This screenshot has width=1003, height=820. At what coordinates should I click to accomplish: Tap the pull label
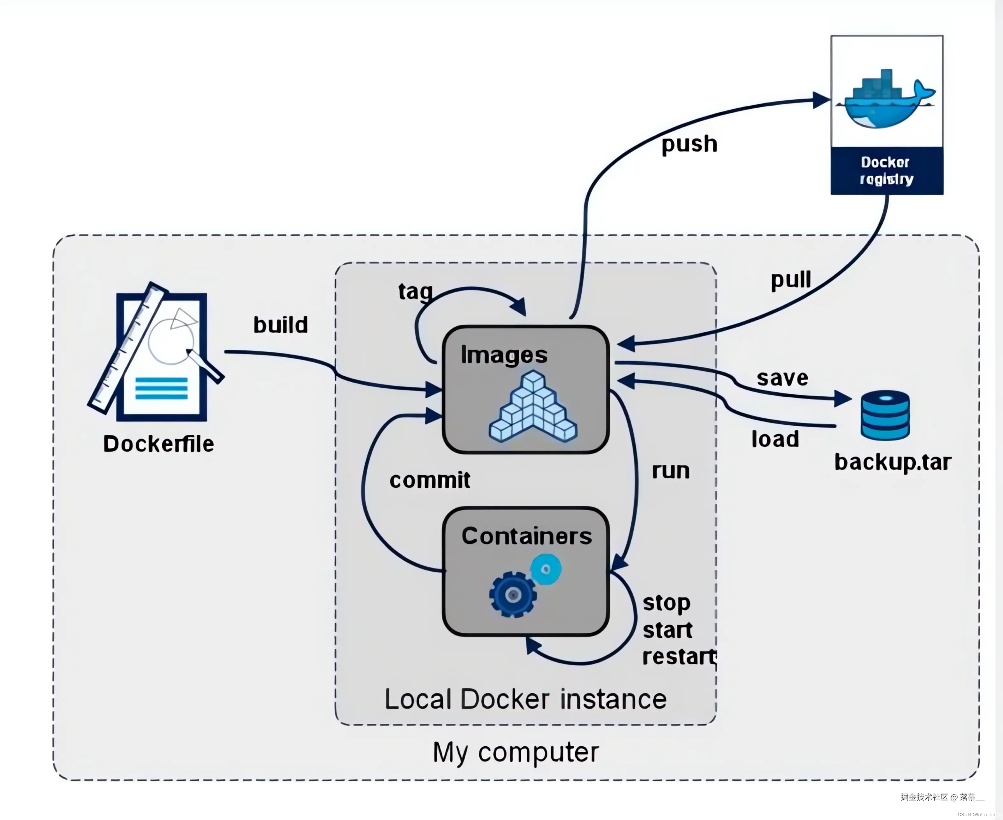tap(791, 280)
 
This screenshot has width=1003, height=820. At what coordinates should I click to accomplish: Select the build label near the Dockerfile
tap(280, 325)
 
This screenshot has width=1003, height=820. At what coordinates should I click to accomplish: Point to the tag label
tap(415, 292)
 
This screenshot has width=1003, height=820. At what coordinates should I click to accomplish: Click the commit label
tap(430, 480)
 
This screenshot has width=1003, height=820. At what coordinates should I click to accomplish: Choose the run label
tap(670, 471)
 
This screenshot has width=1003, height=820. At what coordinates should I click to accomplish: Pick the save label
tap(782, 378)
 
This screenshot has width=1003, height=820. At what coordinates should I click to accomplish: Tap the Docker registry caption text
tap(886, 171)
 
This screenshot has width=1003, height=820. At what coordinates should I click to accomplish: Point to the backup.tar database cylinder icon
tap(885, 415)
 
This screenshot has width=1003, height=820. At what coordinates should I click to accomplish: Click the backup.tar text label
tap(893, 463)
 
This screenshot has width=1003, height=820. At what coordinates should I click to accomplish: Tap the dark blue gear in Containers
tap(512, 595)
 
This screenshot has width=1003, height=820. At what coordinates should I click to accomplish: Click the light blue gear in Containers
tap(546, 569)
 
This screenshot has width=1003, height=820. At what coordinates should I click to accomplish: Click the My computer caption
tap(516, 753)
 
